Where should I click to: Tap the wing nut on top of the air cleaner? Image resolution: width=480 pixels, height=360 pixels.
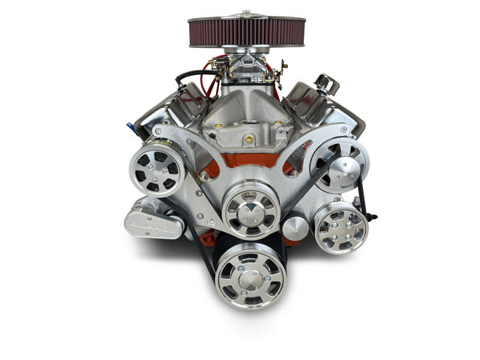(247, 13)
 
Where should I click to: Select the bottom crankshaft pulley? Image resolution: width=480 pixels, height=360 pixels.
(250, 274)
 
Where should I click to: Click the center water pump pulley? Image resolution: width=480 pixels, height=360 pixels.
(250, 206)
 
